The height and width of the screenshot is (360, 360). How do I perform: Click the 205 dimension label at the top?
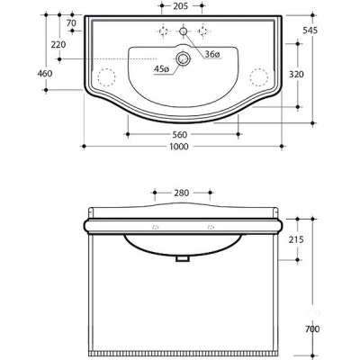point(181,5)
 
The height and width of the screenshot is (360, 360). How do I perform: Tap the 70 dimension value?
point(71,22)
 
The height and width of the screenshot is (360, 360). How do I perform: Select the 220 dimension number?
point(58,45)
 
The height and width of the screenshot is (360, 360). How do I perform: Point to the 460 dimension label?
point(45,73)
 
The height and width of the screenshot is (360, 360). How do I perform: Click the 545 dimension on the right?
point(310,31)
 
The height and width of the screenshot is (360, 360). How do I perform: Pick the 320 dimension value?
point(296,74)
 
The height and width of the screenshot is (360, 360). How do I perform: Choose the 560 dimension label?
point(180,135)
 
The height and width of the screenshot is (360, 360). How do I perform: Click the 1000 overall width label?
point(179,147)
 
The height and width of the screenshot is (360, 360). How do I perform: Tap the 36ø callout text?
point(212,54)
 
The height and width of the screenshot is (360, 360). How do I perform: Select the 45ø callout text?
point(162,69)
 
